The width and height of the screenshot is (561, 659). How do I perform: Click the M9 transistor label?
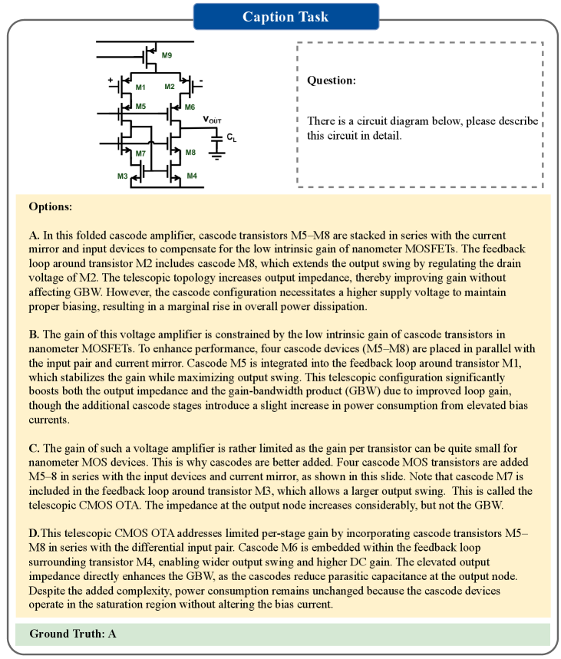point(167,55)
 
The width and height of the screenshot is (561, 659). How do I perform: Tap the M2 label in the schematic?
point(170,87)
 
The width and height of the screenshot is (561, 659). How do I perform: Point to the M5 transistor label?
point(140,107)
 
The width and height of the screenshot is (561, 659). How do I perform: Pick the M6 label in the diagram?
point(190,107)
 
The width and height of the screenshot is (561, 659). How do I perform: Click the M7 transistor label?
point(140,154)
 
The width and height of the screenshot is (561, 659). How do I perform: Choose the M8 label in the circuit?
point(190,153)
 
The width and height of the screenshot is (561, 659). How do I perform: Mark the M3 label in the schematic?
point(123,176)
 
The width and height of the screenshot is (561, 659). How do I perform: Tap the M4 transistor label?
point(192,176)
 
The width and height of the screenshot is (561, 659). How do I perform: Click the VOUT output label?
point(214,120)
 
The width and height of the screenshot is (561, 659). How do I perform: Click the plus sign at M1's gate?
point(111,80)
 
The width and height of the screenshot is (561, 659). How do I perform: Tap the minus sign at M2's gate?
point(200,80)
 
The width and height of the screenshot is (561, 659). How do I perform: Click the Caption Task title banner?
point(281,16)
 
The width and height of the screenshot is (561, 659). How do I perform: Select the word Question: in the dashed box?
point(332,80)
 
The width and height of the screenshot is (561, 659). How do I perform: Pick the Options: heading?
point(51,207)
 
